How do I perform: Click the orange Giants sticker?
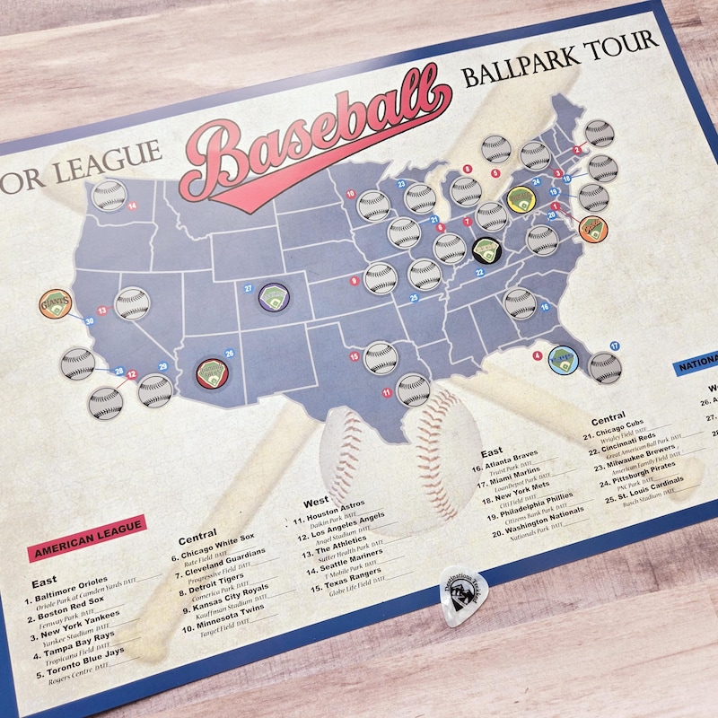(x=56, y=305)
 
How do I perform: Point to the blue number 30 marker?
(x=89, y=320)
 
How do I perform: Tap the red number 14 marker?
(x=132, y=206)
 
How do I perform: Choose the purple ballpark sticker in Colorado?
(x=272, y=295)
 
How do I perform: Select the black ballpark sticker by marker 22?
(x=486, y=248)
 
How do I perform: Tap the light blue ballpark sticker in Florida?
(x=564, y=358)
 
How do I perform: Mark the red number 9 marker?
(x=355, y=281)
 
